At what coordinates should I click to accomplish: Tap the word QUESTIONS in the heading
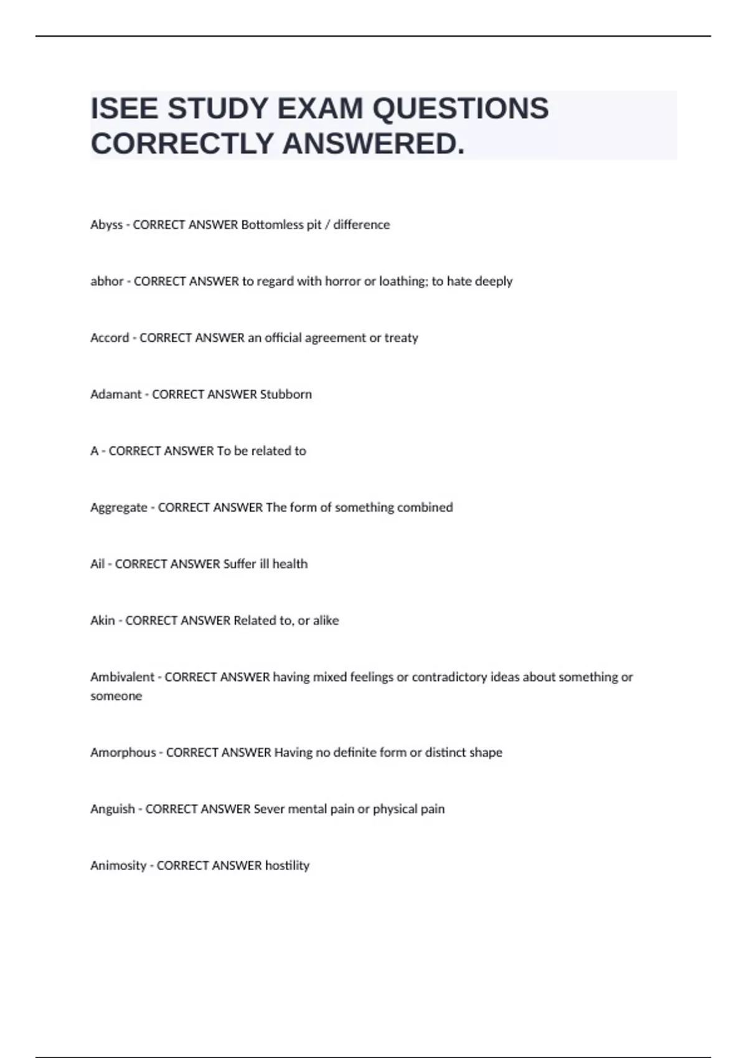pyautogui.click(x=460, y=109)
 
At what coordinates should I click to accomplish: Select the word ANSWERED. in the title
pyautogui.click(x=374, y=144)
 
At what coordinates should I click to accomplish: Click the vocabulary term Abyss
pyautogui.click(x=106, y=225)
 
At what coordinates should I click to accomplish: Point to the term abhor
pyautogui.click(x=107, y=281)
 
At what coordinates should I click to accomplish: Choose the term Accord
pyautogui.click(x=110, y=338)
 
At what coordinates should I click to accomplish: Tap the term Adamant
pyautogui.click(x=116, y=395)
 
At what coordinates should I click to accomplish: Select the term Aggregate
pyautogui.click(x=119, y=508)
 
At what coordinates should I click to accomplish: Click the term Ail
pyautogui.click(x=97, y=564)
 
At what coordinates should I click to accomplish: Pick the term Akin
pyautogui.click(x=103, y=620)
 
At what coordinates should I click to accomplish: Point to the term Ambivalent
pyautogui.click(x=122, y=677)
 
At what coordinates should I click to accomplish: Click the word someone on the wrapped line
pyautogui.click(x=116, y=696)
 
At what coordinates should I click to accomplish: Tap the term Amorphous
pyautogui.click(x=123, y=752)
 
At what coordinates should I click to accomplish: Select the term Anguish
pyautogui.click(x=113, y=809)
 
